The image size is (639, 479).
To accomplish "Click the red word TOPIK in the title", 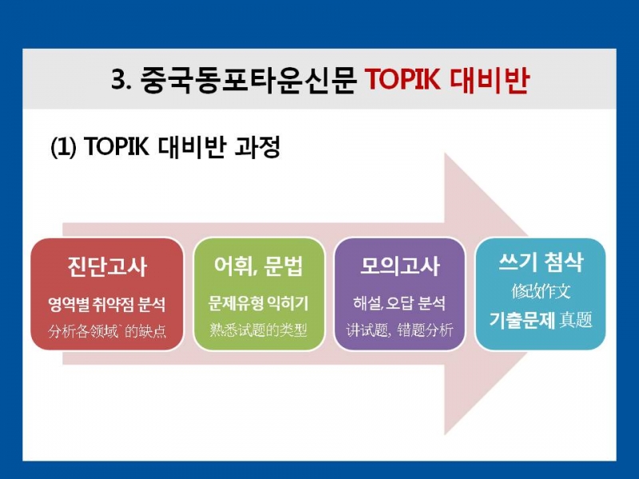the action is click(403, 79).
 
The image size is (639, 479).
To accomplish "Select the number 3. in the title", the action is click(121, 79).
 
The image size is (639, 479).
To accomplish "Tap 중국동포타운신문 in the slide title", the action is click(248, 79).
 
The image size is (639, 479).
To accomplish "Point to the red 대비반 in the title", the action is click(490, 79).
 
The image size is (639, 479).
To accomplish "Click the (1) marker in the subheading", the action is click(63, 147).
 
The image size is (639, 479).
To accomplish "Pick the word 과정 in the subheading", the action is click(257, 147).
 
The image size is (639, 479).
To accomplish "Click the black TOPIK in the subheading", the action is click(117, 146).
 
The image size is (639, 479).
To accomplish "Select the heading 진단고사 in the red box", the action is click(107, 267).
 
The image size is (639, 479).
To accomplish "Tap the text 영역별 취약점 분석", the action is click(107, 304).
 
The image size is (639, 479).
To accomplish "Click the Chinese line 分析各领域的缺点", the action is click(107, 331).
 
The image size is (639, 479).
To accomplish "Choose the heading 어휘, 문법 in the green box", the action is click(259, 266).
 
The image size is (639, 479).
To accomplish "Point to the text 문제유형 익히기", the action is click(258, 303).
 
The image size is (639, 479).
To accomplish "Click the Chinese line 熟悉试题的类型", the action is click(258, 330).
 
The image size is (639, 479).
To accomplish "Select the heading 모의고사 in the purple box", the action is click(400, 266).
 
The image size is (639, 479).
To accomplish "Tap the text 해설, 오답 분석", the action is click(399, 303).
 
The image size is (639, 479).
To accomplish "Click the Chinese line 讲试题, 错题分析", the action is click(399, 330).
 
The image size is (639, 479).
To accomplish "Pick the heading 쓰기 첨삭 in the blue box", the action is click(541, 262).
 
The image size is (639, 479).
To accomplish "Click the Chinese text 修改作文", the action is click(541, 291).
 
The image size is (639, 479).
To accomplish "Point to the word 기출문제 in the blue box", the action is click(522, 320).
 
